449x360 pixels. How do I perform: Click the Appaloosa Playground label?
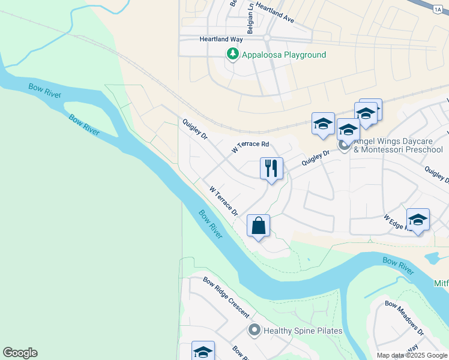283,55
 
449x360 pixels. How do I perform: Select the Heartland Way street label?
220,39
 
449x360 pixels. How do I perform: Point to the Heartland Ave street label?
274,12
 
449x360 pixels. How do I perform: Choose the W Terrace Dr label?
224,202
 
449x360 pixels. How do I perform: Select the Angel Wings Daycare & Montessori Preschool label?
398,145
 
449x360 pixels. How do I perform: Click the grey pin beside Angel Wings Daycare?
344,145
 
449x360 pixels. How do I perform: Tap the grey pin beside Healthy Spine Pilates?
255,331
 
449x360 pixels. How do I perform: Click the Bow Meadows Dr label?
405,317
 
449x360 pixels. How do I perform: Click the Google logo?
20,353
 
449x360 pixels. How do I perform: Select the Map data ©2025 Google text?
412,355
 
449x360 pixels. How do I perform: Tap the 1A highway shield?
439,8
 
